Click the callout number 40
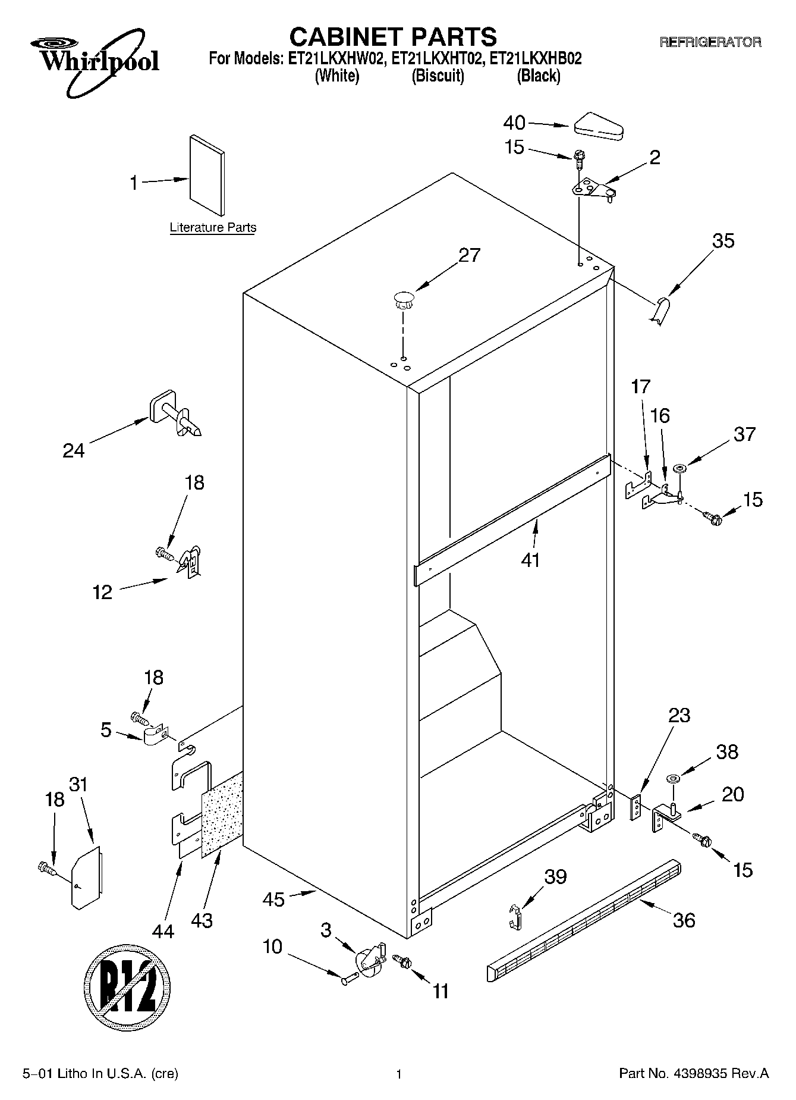pos(514,123)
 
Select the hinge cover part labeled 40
pos(598,127)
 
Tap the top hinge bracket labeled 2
pos(592,190)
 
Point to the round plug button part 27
pos(402,297)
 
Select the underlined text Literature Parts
pos(213,228)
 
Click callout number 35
pos(723,241)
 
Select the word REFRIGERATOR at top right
pos(710,42)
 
